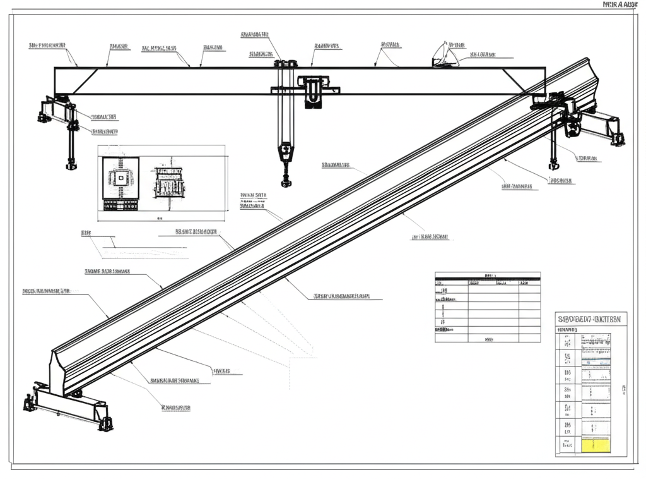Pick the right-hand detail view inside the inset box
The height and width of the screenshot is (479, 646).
(168, 183)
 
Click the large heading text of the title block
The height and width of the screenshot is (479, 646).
(590, 319)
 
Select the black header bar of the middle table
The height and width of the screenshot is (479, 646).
(488, 276)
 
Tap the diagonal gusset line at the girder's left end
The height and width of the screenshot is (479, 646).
(86, 81)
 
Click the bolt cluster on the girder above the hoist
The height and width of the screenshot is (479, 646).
(285, 63)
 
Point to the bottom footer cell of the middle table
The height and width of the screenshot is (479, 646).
(488, 339)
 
